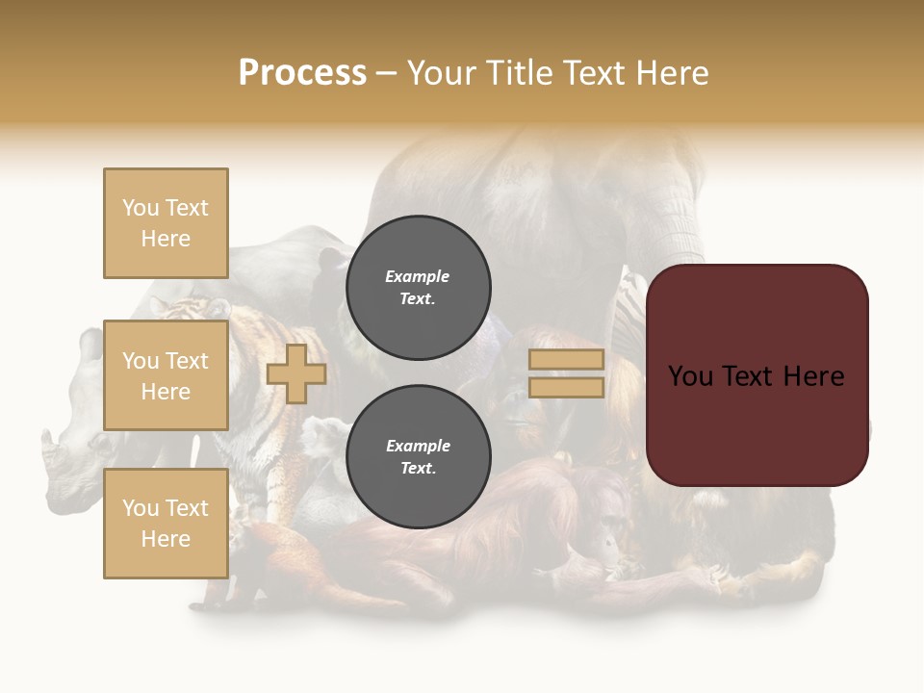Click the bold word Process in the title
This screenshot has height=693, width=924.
(302, 73)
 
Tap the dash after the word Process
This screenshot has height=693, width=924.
(387, 74)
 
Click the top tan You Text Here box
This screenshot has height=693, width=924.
(166, 223)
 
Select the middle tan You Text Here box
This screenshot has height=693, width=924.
(166, 375)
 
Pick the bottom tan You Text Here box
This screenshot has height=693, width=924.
(166, 524)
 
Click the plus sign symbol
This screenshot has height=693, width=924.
(296, 373)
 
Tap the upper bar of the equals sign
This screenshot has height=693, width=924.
(566, 359)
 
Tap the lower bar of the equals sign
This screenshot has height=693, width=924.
(566, 387)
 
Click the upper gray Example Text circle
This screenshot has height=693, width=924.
(419, 287)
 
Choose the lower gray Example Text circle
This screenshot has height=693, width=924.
(419, 456)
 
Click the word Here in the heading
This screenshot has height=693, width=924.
(673, 73)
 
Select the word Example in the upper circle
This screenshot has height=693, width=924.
(418, 276)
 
